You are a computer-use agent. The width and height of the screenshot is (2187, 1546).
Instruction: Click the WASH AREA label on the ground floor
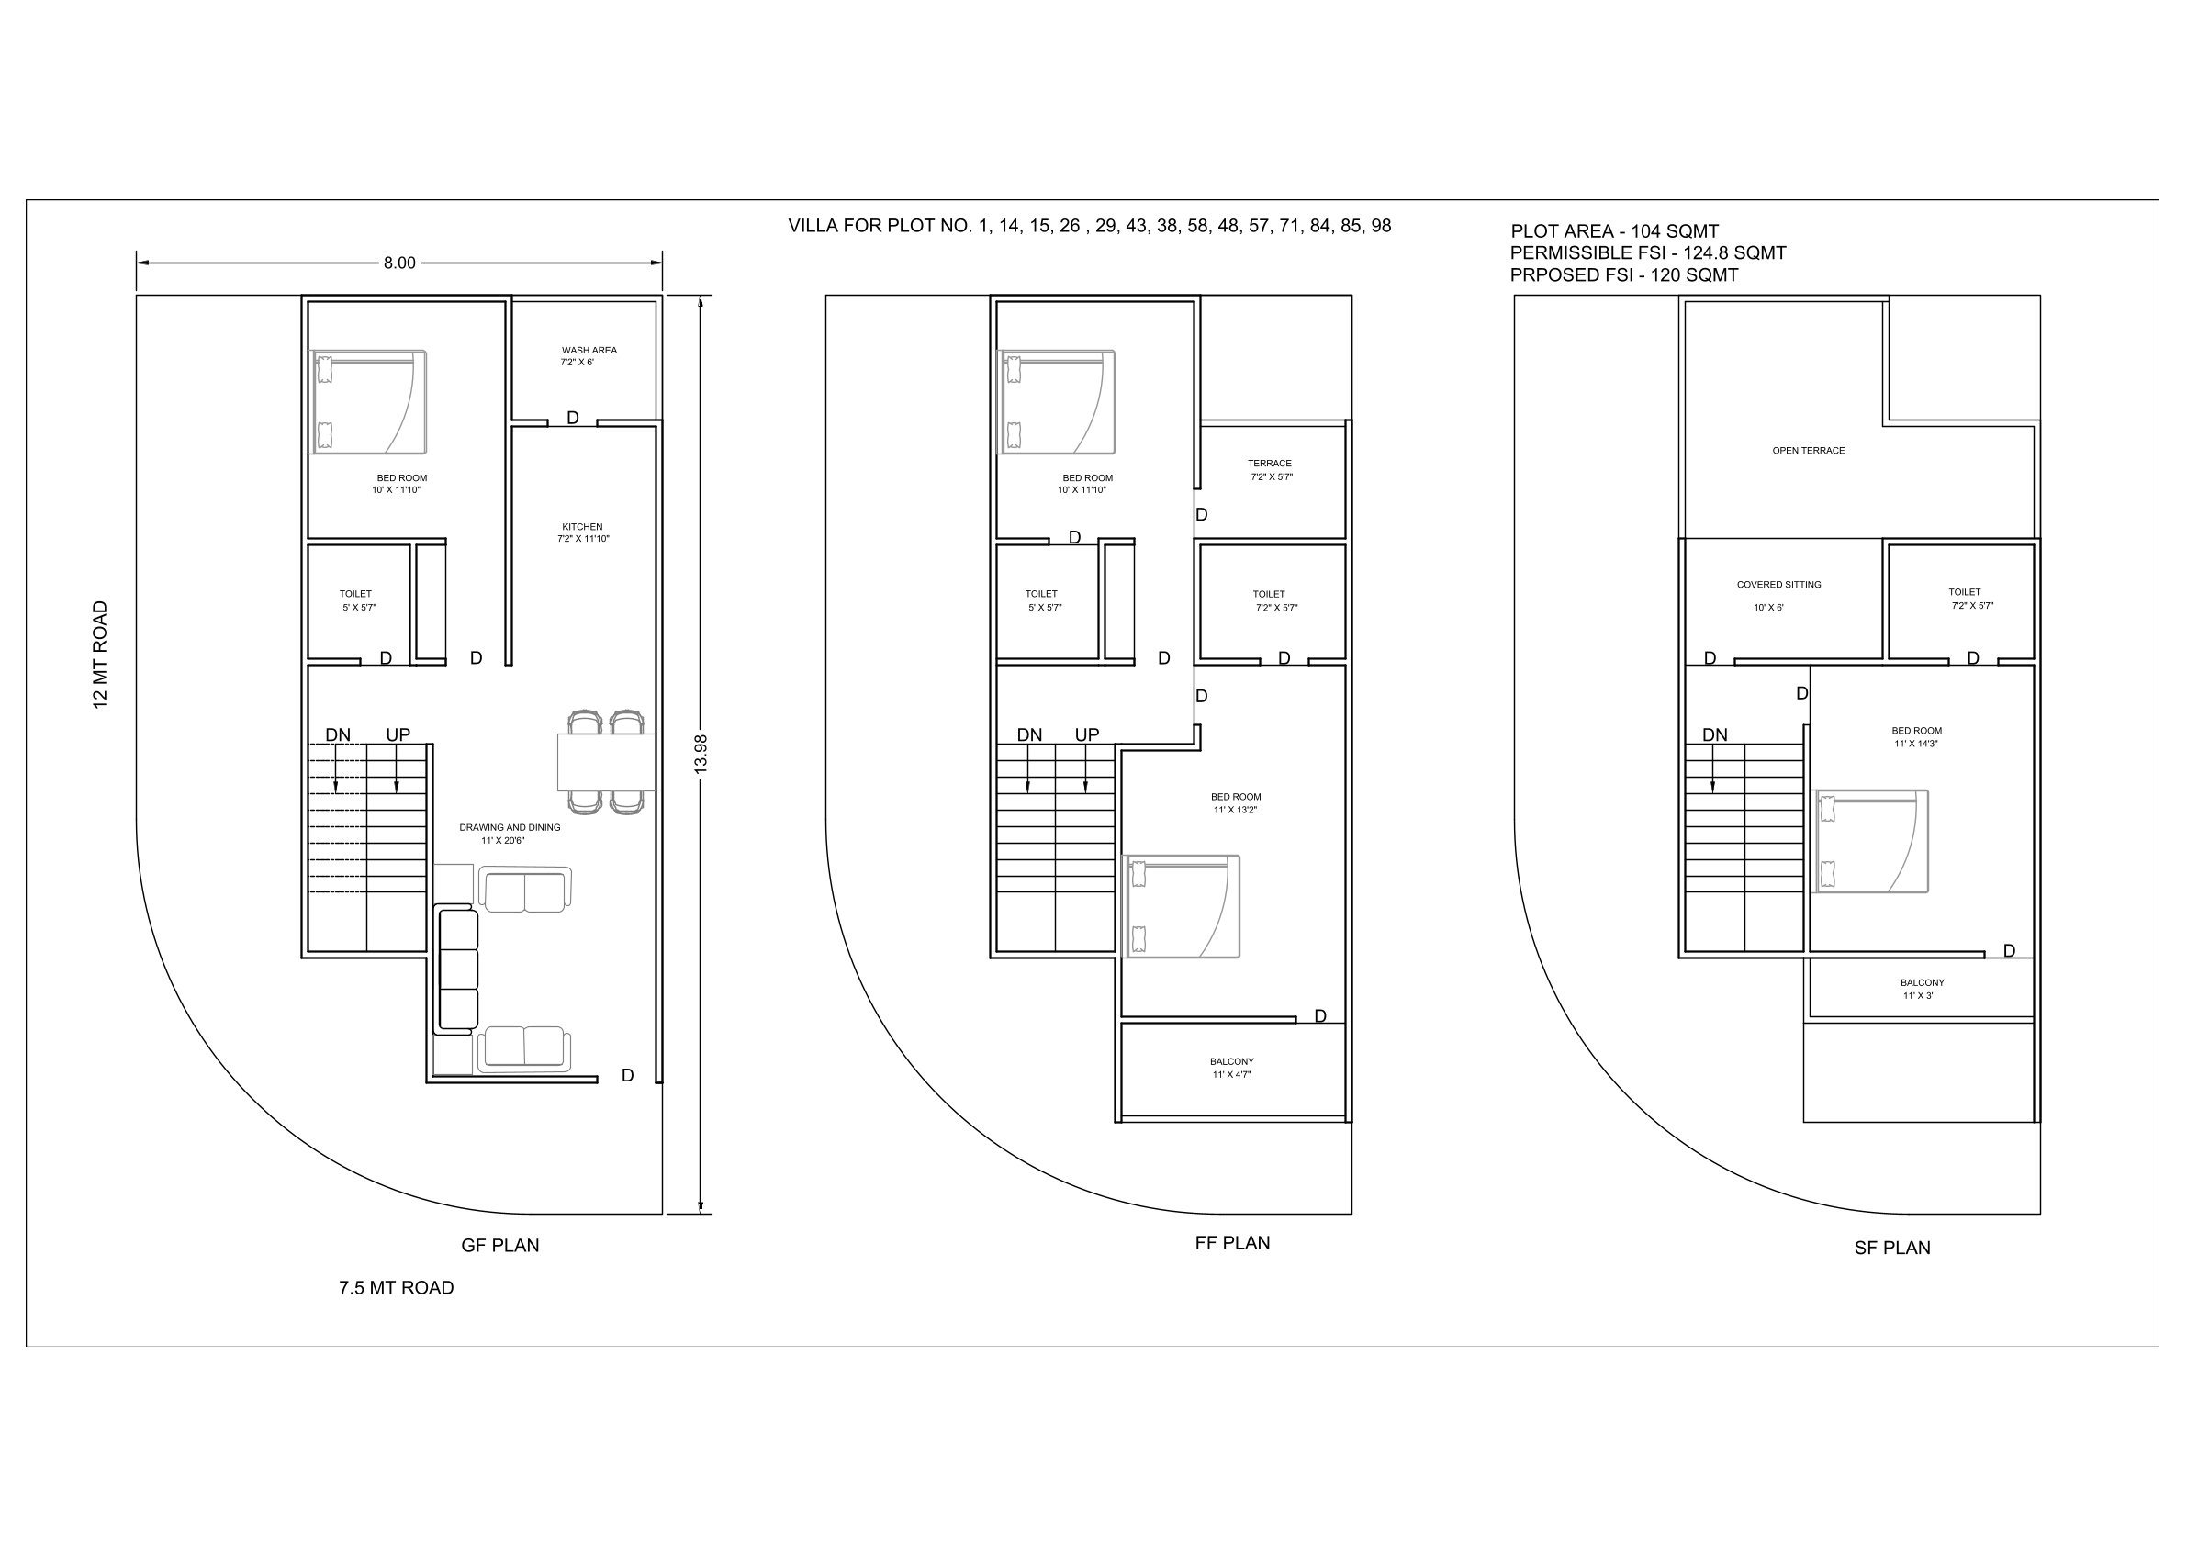click(x=589, y=351)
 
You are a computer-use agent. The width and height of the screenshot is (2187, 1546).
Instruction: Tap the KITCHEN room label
click(x=582, y=527)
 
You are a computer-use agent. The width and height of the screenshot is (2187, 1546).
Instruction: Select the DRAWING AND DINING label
click(x=510, y=828)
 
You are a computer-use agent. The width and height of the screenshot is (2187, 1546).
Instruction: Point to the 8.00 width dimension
click(x=400, y=263)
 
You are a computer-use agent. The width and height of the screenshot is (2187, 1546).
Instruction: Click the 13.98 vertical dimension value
click(x=701, y=754)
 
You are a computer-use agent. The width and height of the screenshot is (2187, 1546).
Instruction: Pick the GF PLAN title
click(x=500, y=1245)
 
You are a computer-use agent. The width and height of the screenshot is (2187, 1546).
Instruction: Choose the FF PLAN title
click(x=1232, y=1242)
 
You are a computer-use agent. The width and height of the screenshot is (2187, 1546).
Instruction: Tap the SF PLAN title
click(x=1891, y=1248)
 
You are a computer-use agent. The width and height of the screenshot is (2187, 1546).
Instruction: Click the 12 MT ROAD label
click(x=100, y=655)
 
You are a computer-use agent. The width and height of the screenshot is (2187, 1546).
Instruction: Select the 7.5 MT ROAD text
click(x=397, y=1288)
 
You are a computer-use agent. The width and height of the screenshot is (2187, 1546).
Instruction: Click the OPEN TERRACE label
click(x=1808, y=451)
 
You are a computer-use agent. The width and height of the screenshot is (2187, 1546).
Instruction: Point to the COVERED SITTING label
click(x=1778, y=585)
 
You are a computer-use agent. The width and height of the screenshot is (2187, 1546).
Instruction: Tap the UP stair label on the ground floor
click(x=398, y=734)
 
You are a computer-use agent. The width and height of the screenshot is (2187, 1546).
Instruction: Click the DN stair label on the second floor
click(x=1714, y=734)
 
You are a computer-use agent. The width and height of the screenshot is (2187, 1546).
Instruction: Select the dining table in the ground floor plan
click(x=606, y=762)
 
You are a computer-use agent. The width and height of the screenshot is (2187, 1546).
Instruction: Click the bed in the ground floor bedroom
click(x=367, y=402)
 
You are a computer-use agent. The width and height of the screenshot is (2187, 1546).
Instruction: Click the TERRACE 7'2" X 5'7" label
click(x=1271, y=470)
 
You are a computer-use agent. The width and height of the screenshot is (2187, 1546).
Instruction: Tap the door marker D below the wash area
click(x=573, y=418)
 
